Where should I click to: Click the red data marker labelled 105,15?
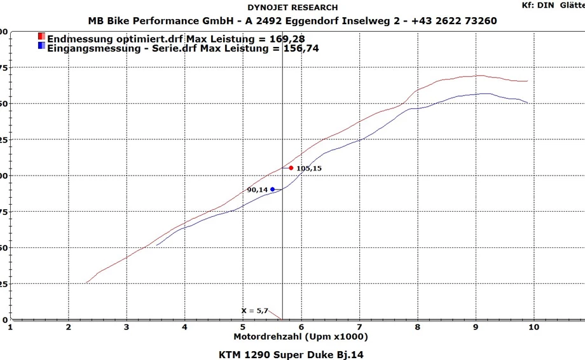point(291,168)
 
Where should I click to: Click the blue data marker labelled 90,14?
point(272,189)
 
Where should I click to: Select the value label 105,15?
point(309,169)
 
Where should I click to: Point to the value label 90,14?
point(257,190)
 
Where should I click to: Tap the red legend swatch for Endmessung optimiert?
point(41,37)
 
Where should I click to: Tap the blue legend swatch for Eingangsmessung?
point(41,46)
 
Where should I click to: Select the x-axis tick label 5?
point(243,327)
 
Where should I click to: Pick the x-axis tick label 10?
point(533,327)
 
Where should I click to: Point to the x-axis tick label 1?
point(10,327)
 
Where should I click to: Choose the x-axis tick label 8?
point(417,327)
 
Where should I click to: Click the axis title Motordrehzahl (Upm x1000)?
point(300,336)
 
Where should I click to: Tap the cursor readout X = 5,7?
point(254,310)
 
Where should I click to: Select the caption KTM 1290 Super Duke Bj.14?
point(292,354)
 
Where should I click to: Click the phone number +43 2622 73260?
point(454,21)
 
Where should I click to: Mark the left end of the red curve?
point(86,283)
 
